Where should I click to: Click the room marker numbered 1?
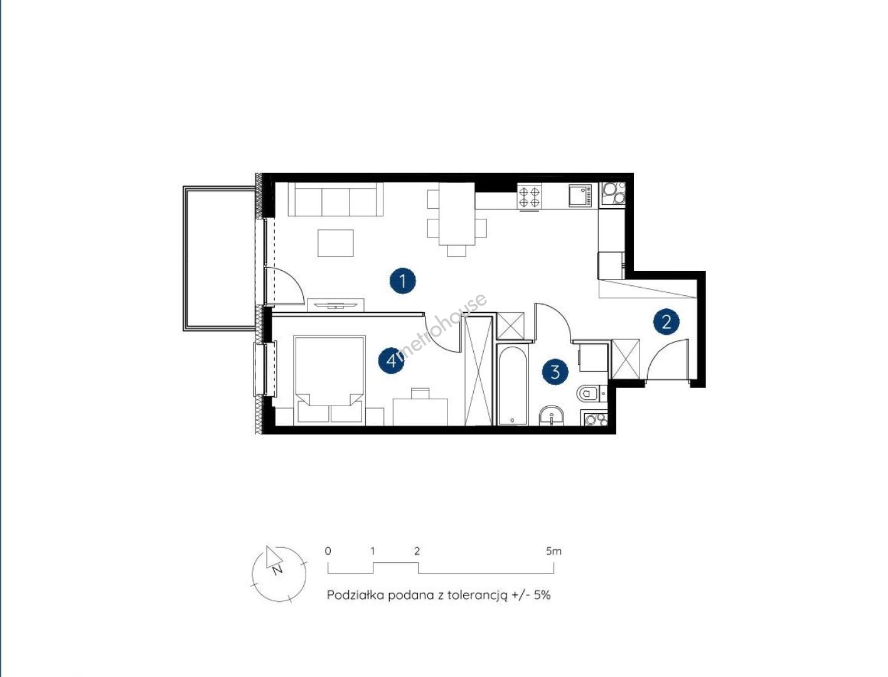pyautogui.click(x=402, y=281)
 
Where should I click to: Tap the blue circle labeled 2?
pyautogui.click(x=666, y=322)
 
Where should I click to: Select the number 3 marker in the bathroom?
pyautogui.click(x=555, y=372)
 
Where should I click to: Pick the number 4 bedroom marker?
pyautogui.click(x=391, y=360)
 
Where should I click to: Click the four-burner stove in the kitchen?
pyautogui.click(x=530, y=197)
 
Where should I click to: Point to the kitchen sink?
pyautogui.click(x=580, y=196)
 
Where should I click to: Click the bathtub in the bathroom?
pyautogui.click(x=511, y=385)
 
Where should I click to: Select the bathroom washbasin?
pyautogui.click(x=552, y=416)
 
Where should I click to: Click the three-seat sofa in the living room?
pyautogui.click(x=335, y=199)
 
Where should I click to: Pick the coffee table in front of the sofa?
pyautogui.click(x=335, y=243)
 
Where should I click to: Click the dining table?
pyautogui.click(x=457, y=214)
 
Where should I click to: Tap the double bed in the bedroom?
pyautogui.click(x=330, y=380)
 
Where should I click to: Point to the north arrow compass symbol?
pyautogui.click(x=279, y=574)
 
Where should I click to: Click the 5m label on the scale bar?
pyautogui.click(x=554, y=551)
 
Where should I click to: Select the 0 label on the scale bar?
pyautogui.click(x=328, y=551)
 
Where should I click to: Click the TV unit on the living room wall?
pyautogui.click(x=335, y=305)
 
